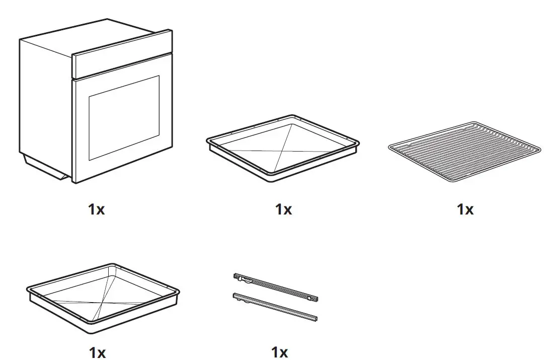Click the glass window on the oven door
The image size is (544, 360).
point(124,118)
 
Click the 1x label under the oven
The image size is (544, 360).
point(97,209)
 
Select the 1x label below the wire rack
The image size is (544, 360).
point(465,209)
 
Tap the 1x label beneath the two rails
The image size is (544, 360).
point(279,351)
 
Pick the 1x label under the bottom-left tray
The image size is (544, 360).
point(97,351)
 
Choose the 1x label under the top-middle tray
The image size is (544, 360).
point(283,209)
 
